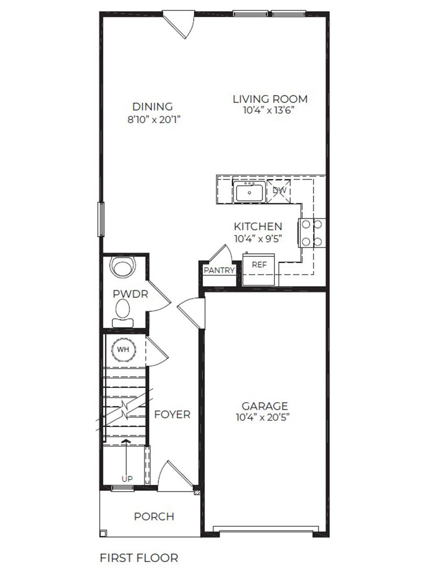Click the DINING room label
153,107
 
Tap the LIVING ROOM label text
270,99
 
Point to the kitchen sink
249,192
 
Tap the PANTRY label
219,271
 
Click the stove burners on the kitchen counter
312,233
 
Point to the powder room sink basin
123,267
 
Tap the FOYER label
172,415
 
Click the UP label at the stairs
127,479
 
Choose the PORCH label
154,516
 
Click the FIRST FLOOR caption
139,558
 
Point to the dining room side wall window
101,219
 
